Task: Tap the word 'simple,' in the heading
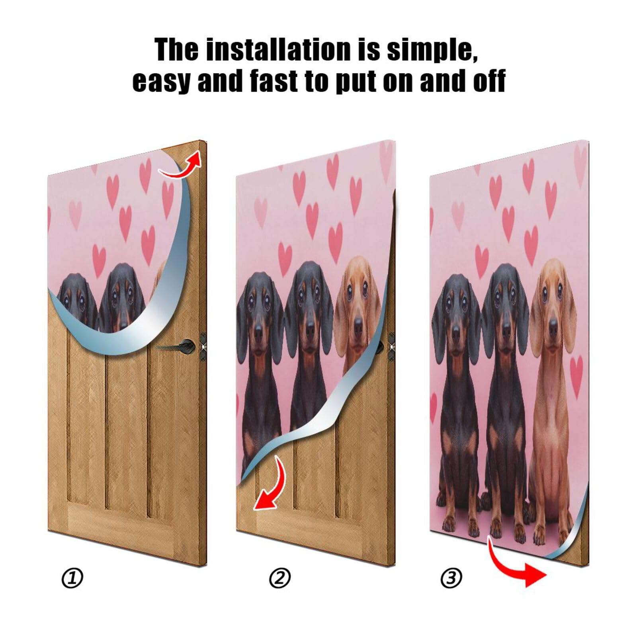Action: click(432, 50)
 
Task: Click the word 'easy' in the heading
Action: click(161, 81)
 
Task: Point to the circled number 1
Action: click(72, 578)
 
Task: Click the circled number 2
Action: click(280, 578)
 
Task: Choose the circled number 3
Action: click(451, 578)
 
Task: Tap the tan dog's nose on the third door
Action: click(554, 328)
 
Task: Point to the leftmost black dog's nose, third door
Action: click(456, 330)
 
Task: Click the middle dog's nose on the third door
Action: click(506, 330)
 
